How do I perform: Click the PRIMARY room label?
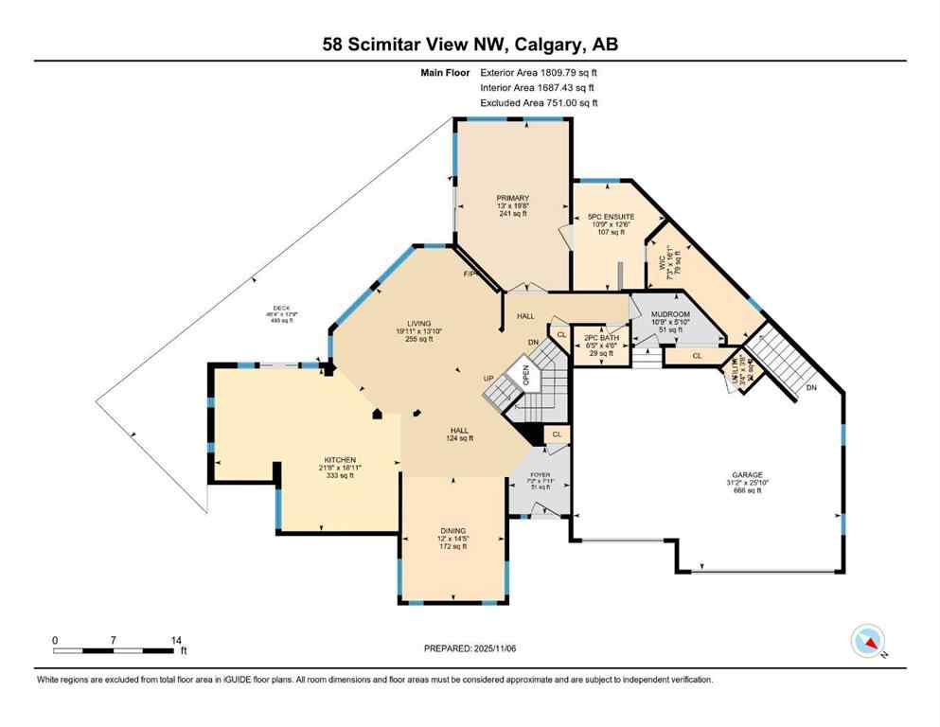click(x=512, y=199)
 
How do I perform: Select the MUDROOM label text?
click(x=670, y=313)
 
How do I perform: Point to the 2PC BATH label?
click(x=601, y=337)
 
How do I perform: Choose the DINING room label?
click(x=452, y=530)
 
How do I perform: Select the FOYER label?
click(x=541, y=476)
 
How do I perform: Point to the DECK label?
click(x=280, y=308)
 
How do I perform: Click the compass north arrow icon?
click(x=868, y=641)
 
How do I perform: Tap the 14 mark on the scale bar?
click(x=175, y=640)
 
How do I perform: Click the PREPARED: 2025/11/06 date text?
click(x=470, y=648)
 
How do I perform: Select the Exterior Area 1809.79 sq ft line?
click(x=539, y=71)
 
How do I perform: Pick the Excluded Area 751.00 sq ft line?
click(x=539, y=103)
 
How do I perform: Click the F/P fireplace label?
click(x=468, y=275)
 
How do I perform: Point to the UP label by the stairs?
click(x=489, y=379)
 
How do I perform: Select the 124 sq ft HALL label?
click(x=461, y=433)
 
